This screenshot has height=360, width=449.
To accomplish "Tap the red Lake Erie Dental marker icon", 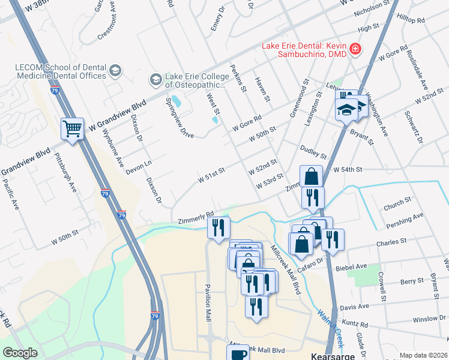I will tap(355, 48).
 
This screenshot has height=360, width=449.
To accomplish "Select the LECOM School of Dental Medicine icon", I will tap(115, 71).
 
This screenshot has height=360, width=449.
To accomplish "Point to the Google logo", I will tap(20, 353).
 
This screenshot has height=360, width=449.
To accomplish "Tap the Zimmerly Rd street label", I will tap(196, 217).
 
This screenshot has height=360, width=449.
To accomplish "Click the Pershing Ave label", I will tap(406, 217).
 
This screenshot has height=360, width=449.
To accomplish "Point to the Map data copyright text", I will tap(423, 355).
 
